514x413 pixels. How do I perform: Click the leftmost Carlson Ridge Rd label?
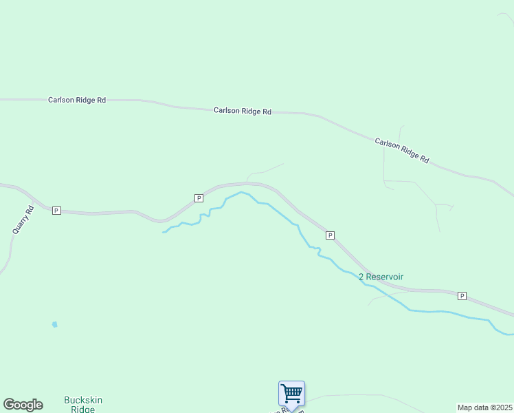pos(77,100)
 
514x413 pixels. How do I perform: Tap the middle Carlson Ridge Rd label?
pos(243,111)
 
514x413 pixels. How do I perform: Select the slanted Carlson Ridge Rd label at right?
pos(402,151)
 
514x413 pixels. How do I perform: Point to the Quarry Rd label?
pos(23,221)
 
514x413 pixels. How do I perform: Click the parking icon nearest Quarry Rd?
pos(56,211)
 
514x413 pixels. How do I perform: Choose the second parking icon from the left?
pos(199,198)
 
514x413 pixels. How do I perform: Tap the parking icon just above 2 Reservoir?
pos(330,235)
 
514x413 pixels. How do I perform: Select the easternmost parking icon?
pos(462,296)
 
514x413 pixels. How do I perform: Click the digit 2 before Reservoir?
pos(361,277)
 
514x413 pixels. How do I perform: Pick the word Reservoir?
pos(385,277)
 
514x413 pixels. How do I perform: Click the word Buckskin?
pos(84,400)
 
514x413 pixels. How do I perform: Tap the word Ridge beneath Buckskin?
pos(84,409)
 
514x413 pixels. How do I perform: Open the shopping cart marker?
pos(291,394)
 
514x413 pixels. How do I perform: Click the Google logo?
pos(23,405)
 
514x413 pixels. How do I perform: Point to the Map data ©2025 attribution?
pos(484,407)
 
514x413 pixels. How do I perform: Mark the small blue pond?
pos(54,324)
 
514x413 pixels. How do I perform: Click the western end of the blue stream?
pos(164,232)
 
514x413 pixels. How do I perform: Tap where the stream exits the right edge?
pos(512,335)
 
